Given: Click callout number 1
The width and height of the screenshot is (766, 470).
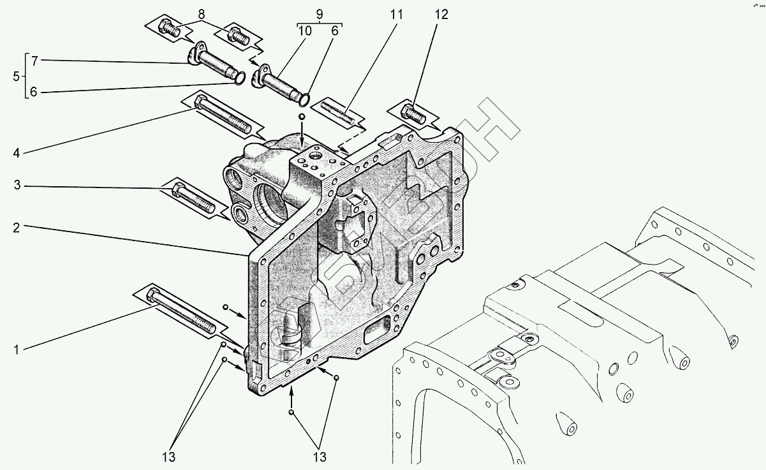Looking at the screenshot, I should pos(17,350).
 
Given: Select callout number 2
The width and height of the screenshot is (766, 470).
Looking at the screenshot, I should pos(17,226).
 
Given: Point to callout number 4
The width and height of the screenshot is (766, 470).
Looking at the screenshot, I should pos(17,153).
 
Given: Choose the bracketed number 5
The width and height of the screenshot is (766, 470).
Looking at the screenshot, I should pos(16,77).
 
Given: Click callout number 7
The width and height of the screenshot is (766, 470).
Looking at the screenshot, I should pos(34,61).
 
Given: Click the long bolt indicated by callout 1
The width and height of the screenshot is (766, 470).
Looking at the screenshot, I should pos(181,311).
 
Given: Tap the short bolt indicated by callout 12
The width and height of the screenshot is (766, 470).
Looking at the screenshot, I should pos(414,114).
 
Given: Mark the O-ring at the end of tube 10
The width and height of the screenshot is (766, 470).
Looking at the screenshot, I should pos(304,99).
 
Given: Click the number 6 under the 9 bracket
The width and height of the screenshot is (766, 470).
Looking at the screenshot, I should pos(334,31).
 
